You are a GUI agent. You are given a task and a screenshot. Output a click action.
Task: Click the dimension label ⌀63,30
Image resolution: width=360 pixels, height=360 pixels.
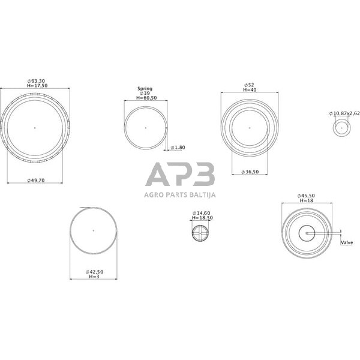(36, 81)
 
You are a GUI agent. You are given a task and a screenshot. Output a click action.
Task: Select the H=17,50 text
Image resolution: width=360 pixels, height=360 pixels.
(37, 86)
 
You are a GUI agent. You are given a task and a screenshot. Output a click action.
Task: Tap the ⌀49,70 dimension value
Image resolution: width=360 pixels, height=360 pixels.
(36, 181)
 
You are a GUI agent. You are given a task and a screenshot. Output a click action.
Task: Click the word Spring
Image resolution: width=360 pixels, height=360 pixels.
(145, 89)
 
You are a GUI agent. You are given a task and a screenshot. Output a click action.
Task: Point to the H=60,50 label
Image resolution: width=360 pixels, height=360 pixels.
(146, 98)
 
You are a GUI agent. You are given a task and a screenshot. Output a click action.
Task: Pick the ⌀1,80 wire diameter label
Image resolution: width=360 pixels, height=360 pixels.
(178, 148)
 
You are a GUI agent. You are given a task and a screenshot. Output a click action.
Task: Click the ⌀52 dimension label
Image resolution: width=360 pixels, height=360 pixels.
(249, 85)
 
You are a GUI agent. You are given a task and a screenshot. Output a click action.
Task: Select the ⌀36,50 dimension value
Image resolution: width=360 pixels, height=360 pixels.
(250, 172)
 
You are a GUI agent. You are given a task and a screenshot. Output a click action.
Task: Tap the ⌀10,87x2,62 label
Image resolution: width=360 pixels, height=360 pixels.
(344, 113)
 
